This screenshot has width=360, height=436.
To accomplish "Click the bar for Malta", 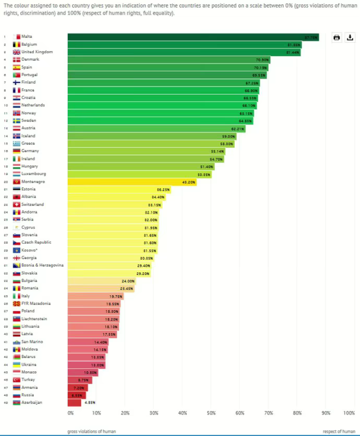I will [x=193, y=37].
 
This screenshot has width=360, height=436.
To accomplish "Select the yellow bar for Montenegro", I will [x=132, y=181].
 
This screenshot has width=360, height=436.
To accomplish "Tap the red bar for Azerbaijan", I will [x=75, y=403].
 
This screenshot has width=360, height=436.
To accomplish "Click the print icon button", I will [x=337, y=38].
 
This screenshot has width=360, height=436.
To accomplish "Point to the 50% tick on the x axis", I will [x=211, y=413].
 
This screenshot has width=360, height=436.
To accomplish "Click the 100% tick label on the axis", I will [x=349, y=413].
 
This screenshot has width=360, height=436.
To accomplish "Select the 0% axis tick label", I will [x=70, y=413].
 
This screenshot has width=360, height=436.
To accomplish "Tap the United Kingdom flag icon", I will [x=17, y=52].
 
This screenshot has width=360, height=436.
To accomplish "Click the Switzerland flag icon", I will [x=17, y=204].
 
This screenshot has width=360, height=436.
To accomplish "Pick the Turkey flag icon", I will [x=17, y=380].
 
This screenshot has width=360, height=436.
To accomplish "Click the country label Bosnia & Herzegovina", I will [x=43, y=265].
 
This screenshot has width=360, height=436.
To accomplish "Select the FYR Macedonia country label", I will [x=36, y=304].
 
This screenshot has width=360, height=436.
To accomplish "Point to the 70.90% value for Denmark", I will [x=262, y=60].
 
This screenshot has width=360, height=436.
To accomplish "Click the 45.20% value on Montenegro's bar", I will [x=188, y=181].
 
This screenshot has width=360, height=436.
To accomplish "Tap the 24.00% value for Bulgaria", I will [x=127, y=281].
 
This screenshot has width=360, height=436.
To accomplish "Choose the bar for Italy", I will [x=95, y=296].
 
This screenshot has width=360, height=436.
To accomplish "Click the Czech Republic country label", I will [x=37, y=243].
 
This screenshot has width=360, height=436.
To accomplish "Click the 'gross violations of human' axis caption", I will [x=91, y=431].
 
